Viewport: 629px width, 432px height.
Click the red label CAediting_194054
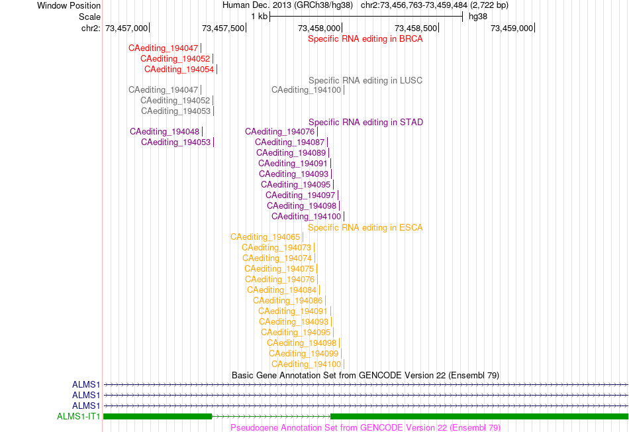179,70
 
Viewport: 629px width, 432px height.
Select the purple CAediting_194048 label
164,132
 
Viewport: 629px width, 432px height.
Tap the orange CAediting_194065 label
265,237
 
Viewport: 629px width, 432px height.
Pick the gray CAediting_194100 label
306,90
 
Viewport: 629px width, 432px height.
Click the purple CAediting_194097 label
300,195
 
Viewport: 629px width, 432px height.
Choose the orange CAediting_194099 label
304,354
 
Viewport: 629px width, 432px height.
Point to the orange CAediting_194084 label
281,290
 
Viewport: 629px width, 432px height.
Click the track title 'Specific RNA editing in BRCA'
365,39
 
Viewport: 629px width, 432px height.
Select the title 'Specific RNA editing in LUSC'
365,81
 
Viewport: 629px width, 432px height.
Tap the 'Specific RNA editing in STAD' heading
366,123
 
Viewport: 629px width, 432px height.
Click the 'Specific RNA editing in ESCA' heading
365,228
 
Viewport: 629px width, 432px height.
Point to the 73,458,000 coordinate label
319,28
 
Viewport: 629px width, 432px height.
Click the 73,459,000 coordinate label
512,28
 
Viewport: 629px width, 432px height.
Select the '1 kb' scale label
259,17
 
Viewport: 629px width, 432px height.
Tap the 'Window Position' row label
69,5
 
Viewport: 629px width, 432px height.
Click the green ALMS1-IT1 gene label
79,417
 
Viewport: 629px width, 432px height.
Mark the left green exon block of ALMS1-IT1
158,417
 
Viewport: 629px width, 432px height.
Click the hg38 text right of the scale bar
478,17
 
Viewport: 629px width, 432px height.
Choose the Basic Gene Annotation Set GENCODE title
365,376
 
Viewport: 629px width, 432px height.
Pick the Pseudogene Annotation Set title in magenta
365,427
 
